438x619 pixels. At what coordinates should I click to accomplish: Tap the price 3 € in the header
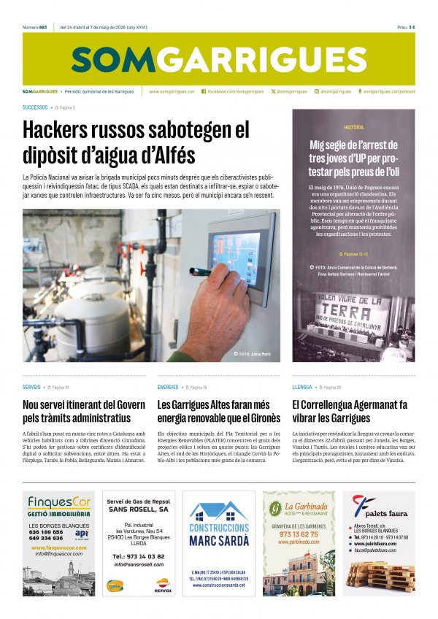point(412,27)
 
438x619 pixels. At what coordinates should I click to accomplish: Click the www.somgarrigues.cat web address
point(172,92)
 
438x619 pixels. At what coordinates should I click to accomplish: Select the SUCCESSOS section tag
point(35,107)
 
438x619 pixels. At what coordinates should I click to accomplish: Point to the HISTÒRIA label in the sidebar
point(353,127)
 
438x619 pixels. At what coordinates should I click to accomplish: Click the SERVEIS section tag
point(31,387)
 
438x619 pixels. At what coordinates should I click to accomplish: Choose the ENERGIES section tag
point(168,387)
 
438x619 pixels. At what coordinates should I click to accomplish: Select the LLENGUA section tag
point(302,387)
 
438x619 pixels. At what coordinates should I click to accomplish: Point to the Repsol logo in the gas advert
point(163,585)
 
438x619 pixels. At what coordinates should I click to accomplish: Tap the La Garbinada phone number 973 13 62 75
point(298,534)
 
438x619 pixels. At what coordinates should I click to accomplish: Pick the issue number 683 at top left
point(45,27)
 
